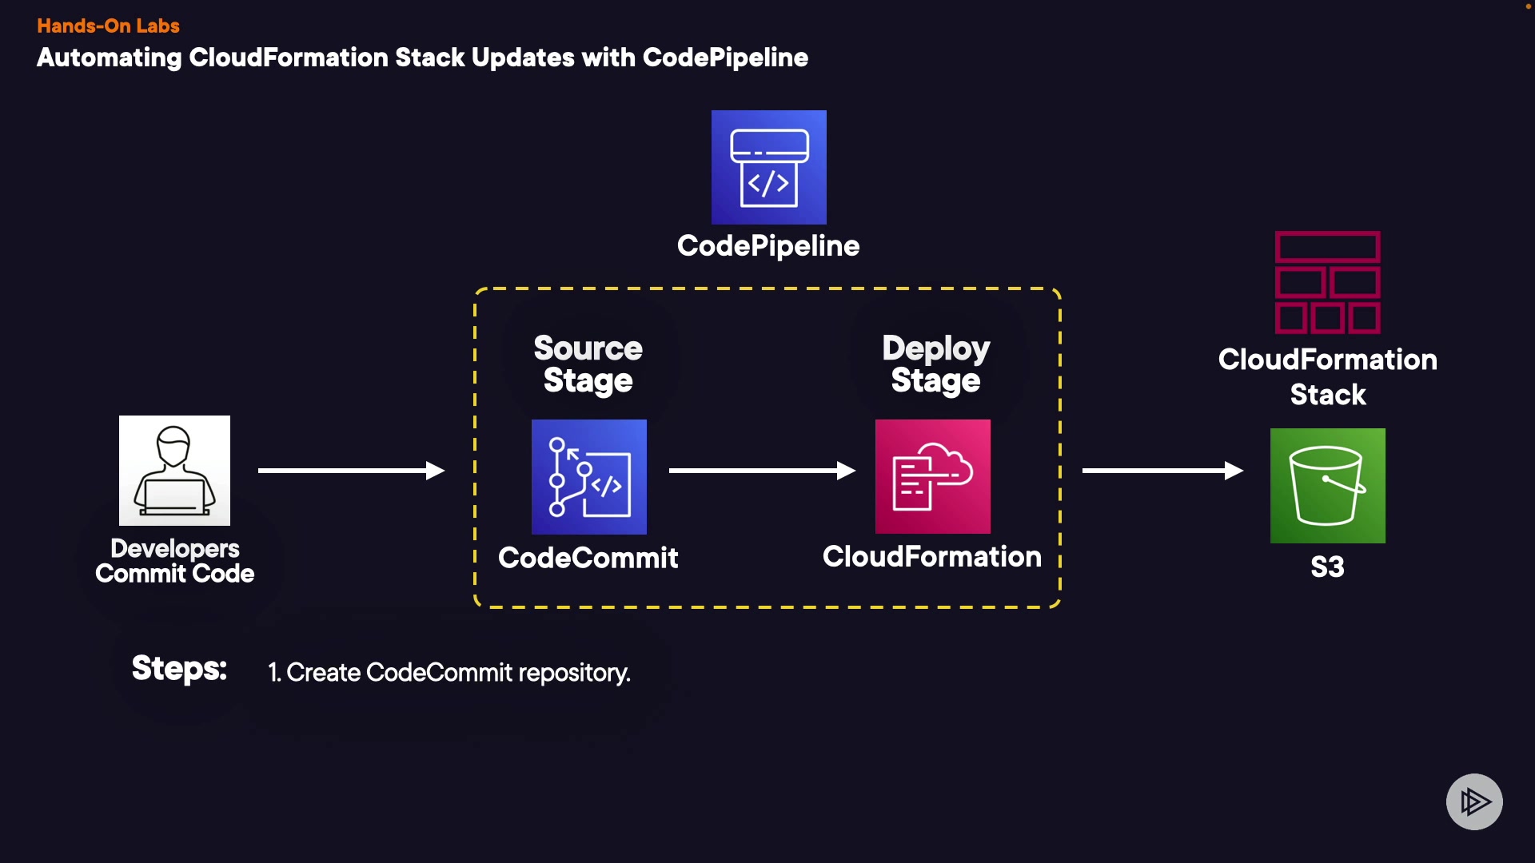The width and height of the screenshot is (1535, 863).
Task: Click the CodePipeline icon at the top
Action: coord(768,167)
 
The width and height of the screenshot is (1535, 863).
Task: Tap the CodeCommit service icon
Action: coord(588,476)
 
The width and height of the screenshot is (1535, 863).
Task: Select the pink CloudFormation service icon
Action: coord(932,476)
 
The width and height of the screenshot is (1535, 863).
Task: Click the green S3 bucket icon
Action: coord(1327,485)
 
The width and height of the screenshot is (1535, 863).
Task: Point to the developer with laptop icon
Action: coord(174,470)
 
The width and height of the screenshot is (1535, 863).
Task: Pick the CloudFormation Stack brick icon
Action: coord(1327,282)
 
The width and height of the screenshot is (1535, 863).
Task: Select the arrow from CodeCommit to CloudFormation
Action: coord(761,471)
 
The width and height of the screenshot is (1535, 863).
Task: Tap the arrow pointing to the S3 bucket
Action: coord(1162,471)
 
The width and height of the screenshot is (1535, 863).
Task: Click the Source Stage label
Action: coord(588,364)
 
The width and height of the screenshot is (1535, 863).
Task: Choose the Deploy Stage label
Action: coord(935,364)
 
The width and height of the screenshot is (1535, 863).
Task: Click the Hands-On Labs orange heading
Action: coord(108,26)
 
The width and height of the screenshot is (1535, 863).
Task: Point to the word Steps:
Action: coord(179,668)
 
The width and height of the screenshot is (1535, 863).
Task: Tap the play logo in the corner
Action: coord(1474,801)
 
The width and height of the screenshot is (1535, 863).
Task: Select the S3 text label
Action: coord(1327,567)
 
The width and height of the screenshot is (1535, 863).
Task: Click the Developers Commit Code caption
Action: coord(174,561)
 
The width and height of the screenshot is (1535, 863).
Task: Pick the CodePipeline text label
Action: coord(767,246)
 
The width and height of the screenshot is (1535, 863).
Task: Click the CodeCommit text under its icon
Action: coord(588,558)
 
